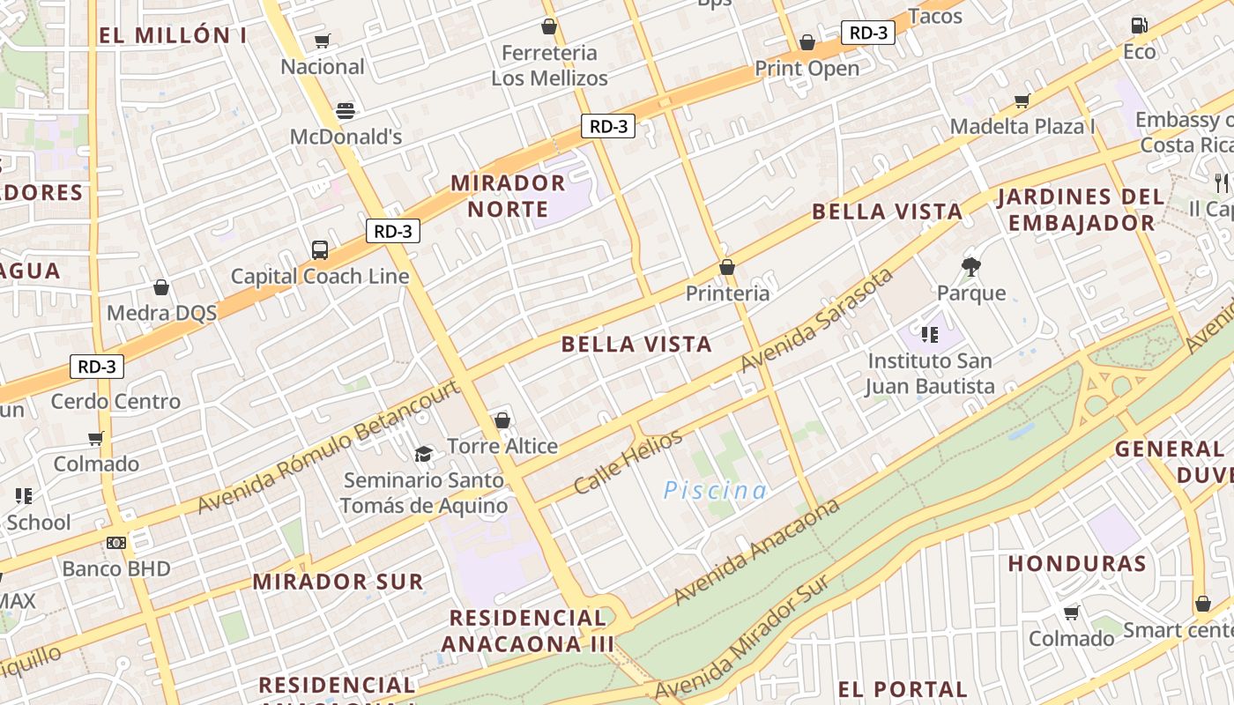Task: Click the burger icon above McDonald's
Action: pos(346,111)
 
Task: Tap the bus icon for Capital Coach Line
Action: pos(320,250)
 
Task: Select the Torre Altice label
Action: pos(502,446)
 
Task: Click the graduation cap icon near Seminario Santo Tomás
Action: pos(424,454)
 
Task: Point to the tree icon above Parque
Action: pos(971,266)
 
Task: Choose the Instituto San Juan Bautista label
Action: pos(930,374)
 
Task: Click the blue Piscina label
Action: pos(716,490)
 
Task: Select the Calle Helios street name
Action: pos(628,462)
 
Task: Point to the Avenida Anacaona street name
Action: pos(756,553)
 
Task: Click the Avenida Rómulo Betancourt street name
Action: pos(328,448)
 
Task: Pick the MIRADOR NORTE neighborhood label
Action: pos(508,196)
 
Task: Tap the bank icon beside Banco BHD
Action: pos(116,543)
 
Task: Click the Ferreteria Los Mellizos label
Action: pos(549,65)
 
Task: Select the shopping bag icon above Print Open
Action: pos(807,42)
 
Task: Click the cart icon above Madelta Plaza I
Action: pos(1022,101)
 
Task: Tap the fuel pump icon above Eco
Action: pos(1140,26)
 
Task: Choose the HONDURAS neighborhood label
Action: pos(1077,564)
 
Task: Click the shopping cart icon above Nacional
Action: pos(323,41)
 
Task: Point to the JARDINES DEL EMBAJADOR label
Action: pos(1081,210)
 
